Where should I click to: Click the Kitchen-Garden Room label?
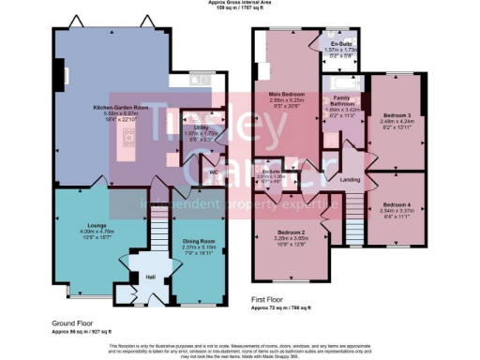coord(115,109)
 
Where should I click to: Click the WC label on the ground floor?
coord(213,172)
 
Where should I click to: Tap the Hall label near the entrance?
coord(149,277)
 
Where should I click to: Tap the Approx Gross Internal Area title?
coord(240,4)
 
